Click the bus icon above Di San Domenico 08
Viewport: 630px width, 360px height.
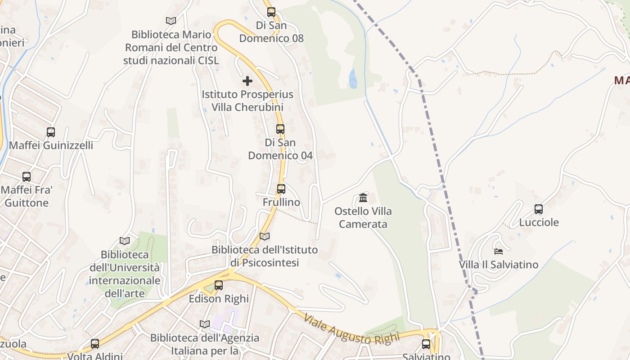[271, 12]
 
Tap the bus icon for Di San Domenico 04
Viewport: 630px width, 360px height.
[280, 129]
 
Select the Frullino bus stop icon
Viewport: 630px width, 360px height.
[281, 189]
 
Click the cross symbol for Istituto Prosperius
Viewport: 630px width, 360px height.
[247, 81]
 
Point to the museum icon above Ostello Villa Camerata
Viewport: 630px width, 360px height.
[363, 198]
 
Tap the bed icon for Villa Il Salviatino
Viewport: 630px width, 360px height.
[498, 251]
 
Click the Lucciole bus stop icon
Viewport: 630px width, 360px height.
[539, 209]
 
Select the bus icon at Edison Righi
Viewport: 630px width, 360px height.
[219, 285]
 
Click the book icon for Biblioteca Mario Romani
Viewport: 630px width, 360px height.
[171, 21]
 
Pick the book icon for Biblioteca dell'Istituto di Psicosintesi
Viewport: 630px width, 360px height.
[265, 236]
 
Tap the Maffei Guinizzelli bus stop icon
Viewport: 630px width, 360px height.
[51, 132]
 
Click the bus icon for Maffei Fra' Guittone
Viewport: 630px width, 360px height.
[27, 177]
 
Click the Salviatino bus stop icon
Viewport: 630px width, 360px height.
[426, 344]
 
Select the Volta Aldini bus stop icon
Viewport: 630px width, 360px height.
[95, 344]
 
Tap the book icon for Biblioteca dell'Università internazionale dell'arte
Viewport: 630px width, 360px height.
[125, 241]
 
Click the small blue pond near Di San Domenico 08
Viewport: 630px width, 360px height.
[353, 79]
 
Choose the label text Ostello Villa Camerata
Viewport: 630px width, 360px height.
[363, 217]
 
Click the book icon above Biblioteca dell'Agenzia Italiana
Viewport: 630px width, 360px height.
[205, 324]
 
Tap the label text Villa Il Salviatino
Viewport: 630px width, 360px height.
[499, 265]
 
